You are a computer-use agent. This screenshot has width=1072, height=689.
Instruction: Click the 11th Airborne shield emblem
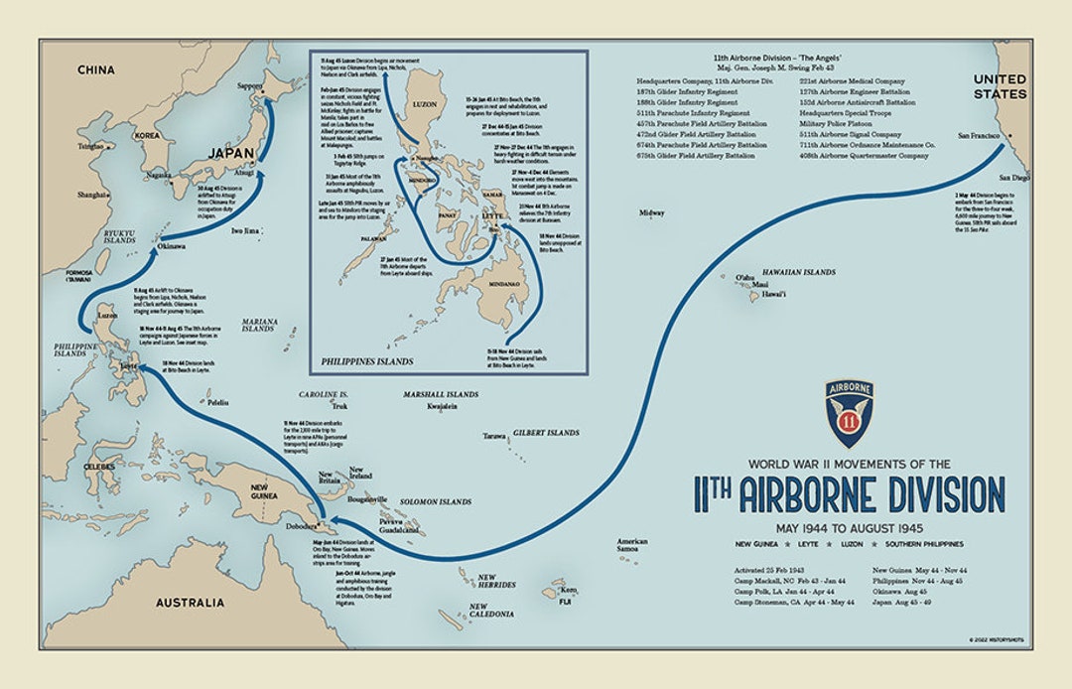[849, 414]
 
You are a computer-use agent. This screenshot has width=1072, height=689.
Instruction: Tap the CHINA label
[96, 70]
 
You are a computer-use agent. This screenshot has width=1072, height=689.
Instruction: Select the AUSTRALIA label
[190, 603]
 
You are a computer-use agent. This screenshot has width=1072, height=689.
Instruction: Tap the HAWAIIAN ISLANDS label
[798, 272]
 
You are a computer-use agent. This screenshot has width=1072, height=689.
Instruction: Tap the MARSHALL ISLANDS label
[442, 394]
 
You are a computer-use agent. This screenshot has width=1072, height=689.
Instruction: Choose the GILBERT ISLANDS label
[546, 433]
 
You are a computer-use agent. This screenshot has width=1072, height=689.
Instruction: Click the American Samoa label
[632, 545]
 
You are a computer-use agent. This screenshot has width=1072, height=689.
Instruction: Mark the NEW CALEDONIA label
[491, 611]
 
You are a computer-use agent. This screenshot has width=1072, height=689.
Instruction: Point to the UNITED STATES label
[1000, 86]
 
